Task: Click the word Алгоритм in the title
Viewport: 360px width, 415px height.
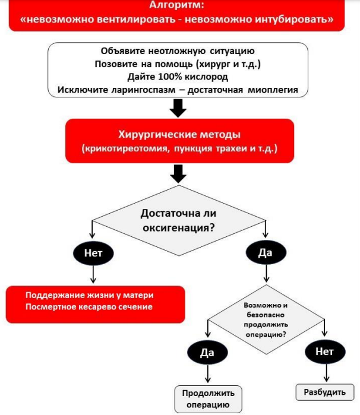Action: pyautogui.click(x=176, y=5)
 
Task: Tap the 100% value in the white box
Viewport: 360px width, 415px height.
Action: pyautogui.click(x=170, y=77)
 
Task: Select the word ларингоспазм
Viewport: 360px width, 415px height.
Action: pyautogui.click(x=143, y=90)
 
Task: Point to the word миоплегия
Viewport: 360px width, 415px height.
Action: pyautogui.click(x=273, y=90)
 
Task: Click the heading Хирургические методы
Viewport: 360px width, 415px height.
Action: pyautogui.click(x=179, y=134)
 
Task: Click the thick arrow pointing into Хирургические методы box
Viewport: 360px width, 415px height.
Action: pyautogui.click(x=178, y=108)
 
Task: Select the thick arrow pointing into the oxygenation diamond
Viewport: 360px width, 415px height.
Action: pyautogui.click(x=178, y=173)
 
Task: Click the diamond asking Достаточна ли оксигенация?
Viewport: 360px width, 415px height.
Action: pyautogui.click(x=179, y=220)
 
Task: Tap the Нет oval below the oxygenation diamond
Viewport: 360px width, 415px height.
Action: pyautogui.click(x=93, y=253)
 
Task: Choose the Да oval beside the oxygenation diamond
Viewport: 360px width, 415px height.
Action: pyautogui.click(x=266, y=252)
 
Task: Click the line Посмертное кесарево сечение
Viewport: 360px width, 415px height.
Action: pyautogui.click(x=89, y=307)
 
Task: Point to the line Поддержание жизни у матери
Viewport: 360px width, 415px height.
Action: pyautogui.click(x=90, y=295)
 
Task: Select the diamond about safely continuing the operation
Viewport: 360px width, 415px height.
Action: pyautogui.click(x=266, y=319)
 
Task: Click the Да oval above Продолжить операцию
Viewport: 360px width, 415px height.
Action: pyautogui.click(x=207, y=352)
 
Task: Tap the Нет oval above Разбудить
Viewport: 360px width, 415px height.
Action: pyautogui.click(x=325, y=351)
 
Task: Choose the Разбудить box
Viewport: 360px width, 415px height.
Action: pyautogui.click(x=325, y=392)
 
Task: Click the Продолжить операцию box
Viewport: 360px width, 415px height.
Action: pyautogui.click(x=208, y=399)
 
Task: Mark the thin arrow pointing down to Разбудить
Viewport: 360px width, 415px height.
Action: pyautogui.click(x=326, y=373)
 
